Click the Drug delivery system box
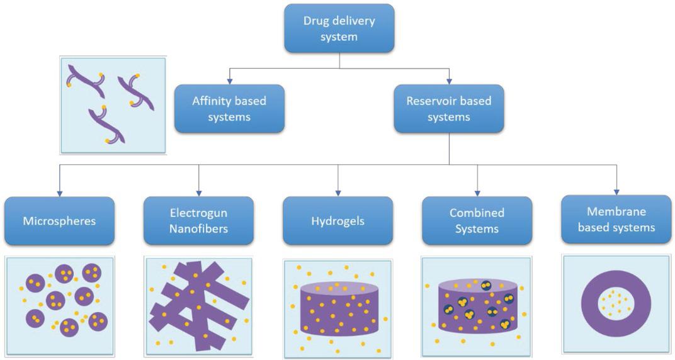(x=339, y=29)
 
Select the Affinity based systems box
(x=229, y=109)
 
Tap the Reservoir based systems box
(x=448, y=109)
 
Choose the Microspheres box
(x=59, y=221)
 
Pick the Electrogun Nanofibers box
(x=198, y=221)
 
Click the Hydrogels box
(x=337, y=221)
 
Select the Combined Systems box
(x=477, y=221)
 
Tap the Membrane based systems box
(x=616, y=219)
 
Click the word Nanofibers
(x=198, y=228)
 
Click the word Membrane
(x=616, y=211)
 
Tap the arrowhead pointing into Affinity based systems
(x=229, y=81)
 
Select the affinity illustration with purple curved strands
(x=113, y=104)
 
